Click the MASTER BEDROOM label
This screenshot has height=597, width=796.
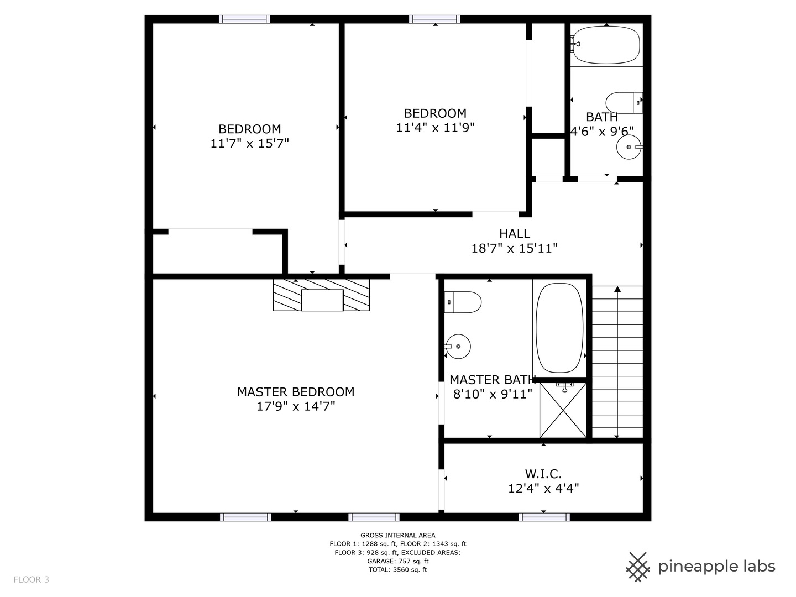tap(296, 392)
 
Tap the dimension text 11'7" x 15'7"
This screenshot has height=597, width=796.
tap(250, 144)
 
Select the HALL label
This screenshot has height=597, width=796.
tap(515, 234)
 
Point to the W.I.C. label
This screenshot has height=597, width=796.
tap(543, 474)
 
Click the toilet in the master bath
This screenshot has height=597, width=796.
tap(463, 302)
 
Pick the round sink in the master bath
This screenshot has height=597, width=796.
tap(458, 347)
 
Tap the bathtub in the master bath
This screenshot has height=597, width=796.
tap(561, 328)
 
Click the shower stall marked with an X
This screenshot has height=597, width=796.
tap(563, 410)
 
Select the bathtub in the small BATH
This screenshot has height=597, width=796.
tap(606, 45)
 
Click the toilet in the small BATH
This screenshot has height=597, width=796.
tap(624, 103)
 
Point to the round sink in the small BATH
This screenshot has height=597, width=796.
tap(629, 147)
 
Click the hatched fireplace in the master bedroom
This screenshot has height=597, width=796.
tap(321, 295)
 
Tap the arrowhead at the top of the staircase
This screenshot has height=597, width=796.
tap(617, 289)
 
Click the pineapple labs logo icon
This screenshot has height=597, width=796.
tap(638, 567)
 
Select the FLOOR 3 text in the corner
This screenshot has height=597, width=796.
tap(31, 579)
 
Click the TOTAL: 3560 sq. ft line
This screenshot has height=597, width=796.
tap(398, 570)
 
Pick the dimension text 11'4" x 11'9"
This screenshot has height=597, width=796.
tap(435, 128)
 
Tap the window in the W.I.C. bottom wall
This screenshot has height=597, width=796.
tap(544, 517)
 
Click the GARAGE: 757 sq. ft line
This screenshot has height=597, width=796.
tap(398, 561)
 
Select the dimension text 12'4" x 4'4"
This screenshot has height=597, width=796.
tap(543, 489)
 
